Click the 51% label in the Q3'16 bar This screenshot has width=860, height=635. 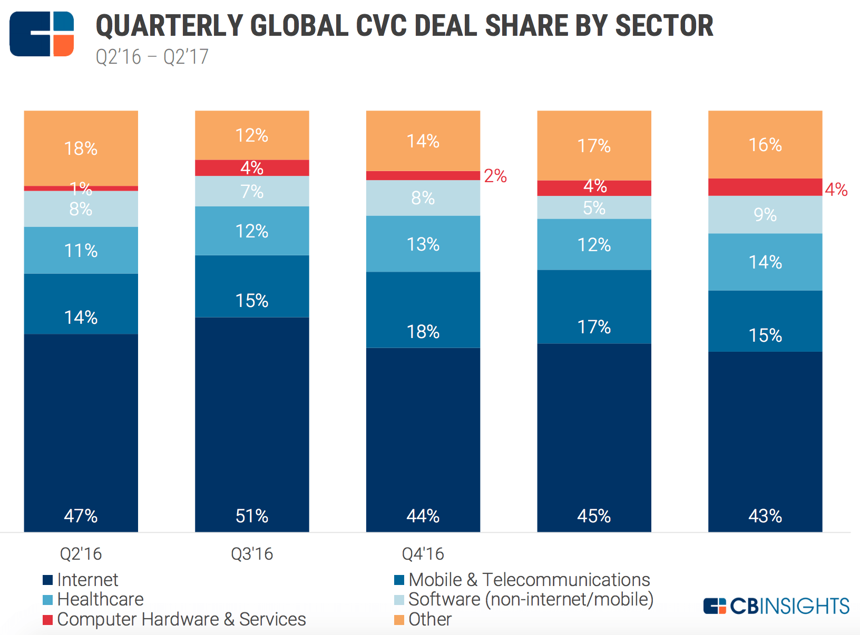(252, 515)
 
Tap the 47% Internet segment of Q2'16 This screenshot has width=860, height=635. (81, 432)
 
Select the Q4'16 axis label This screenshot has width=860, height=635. (423, 554)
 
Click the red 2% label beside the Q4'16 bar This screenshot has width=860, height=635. (495, 176)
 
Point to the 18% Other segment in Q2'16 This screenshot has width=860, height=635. (81, 148)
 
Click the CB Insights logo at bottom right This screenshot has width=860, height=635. (776, 606)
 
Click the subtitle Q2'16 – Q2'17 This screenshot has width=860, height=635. (152, 57)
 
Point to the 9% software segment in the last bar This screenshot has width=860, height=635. (765, 214)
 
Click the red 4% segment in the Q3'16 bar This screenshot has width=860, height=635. (252, 167)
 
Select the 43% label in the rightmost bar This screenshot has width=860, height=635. (765, 515)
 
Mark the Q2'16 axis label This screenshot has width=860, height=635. (81, 554)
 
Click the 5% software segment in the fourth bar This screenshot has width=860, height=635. (594, 207)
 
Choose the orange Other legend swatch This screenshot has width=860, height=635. (399, 620)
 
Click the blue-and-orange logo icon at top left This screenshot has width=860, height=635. (42, 34)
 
